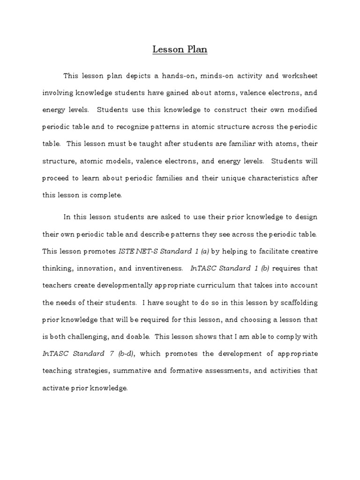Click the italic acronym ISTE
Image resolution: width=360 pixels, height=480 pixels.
[129, 251]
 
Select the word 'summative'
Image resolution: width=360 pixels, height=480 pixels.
[130, 370]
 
